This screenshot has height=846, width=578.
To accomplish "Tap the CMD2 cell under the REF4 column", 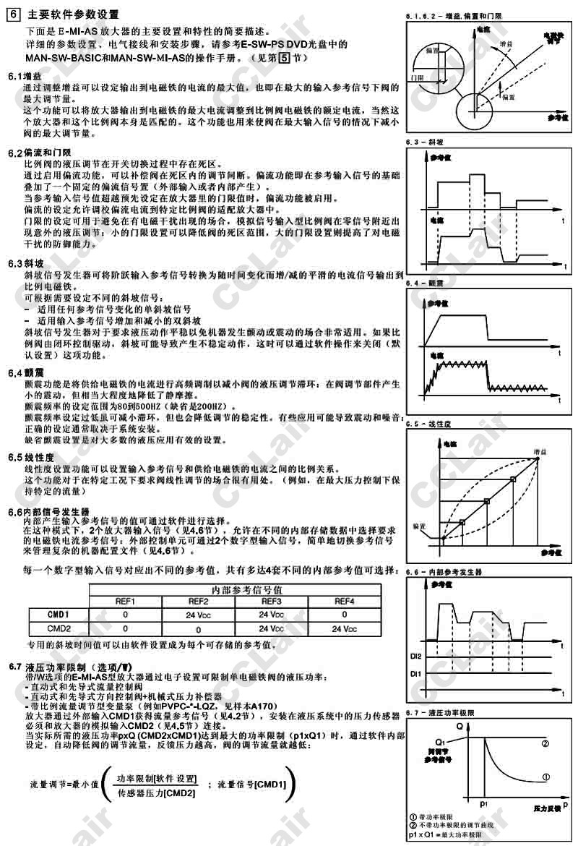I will click(x=344, y=628).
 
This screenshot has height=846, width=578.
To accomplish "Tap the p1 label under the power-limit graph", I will click(x=483, y=802).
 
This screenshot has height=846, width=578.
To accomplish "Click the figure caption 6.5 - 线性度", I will click(x=431, y=424).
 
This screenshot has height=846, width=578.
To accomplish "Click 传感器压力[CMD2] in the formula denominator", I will click(x=157, y=793).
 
